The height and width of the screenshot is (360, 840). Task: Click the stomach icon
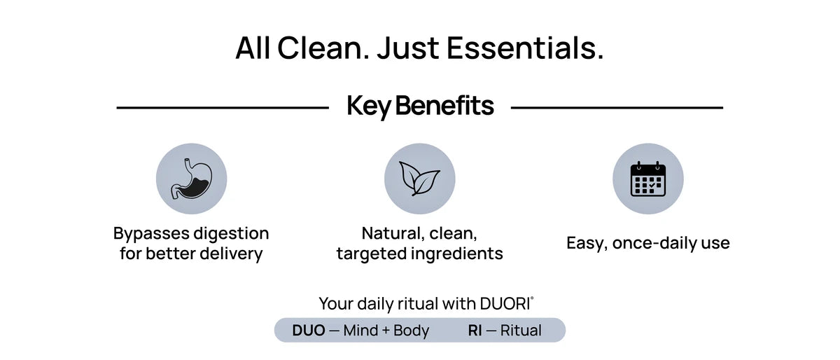pyautogui.click(x=191, y=179)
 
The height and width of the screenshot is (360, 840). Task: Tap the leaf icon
pyautogui.click(x=419, y=179)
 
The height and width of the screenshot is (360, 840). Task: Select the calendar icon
pyautogui.click(x=648, y=179)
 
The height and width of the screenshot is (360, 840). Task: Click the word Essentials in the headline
pyautogui.click(x=525, y=48)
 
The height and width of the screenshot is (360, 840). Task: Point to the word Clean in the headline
pyautogui.click(x=323, y=48)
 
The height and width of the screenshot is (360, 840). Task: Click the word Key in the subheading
pyautogui.click(x=369, y=106)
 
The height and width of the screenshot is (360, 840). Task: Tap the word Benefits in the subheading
pyautogui.click(x=444, y=105)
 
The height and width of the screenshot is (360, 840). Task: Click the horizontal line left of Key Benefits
pyautogui.click(x=223, y=108)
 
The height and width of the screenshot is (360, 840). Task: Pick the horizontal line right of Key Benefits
pyautogui.click(x=617, y=108)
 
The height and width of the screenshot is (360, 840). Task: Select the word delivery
pyautogui.click(x=231, y=254)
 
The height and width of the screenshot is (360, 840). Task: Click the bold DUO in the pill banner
pyautogui.click(x=309, y=331)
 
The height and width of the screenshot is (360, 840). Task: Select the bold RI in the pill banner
pyautogui.click(x=475, y=331)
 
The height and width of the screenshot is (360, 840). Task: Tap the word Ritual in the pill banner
pyautogui.click(x=521, y=331)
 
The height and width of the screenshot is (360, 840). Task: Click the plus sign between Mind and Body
pyautogui.click(x=386, y=331)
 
